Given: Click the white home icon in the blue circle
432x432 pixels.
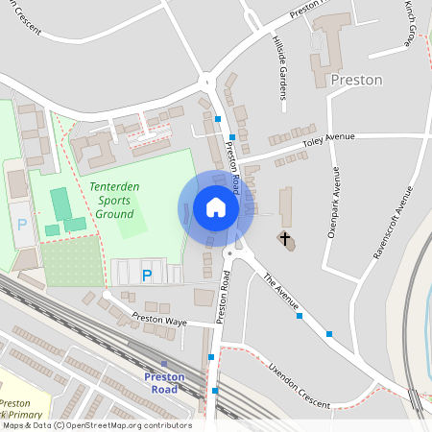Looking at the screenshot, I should coord(216,207).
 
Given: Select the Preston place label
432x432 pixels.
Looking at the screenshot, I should coord(356,81).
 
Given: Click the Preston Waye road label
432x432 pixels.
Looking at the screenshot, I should coord(159,318).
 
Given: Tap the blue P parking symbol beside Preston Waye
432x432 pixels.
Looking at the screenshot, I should coord(147,276).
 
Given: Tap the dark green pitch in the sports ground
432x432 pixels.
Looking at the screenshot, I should coord(60,203).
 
